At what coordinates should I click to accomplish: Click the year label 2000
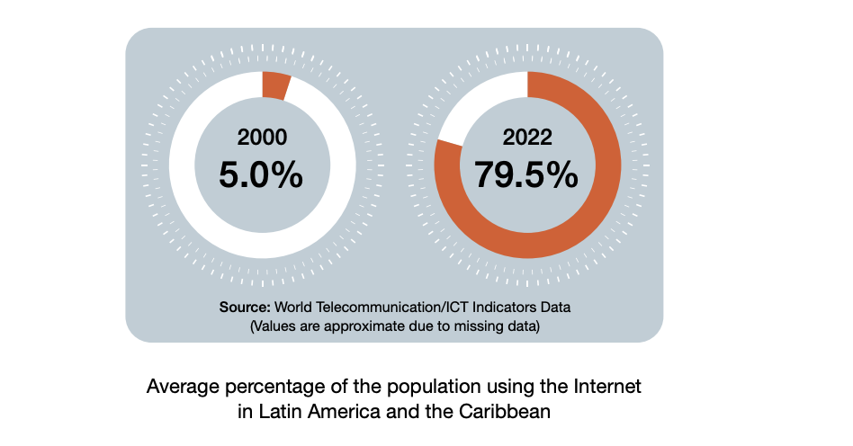pyautogui.click(x=262, y=138)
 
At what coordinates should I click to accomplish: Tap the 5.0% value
pyautogui.click(x=261, y=174)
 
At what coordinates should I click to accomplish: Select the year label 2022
pyautogui.click(x=527, y=138)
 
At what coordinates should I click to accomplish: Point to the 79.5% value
pyautogui.click(x=527, y=174)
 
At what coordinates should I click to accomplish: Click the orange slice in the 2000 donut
pyautogui.click(x=274, y=85)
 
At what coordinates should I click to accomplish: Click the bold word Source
pyautogui.click(x=245, y=307)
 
